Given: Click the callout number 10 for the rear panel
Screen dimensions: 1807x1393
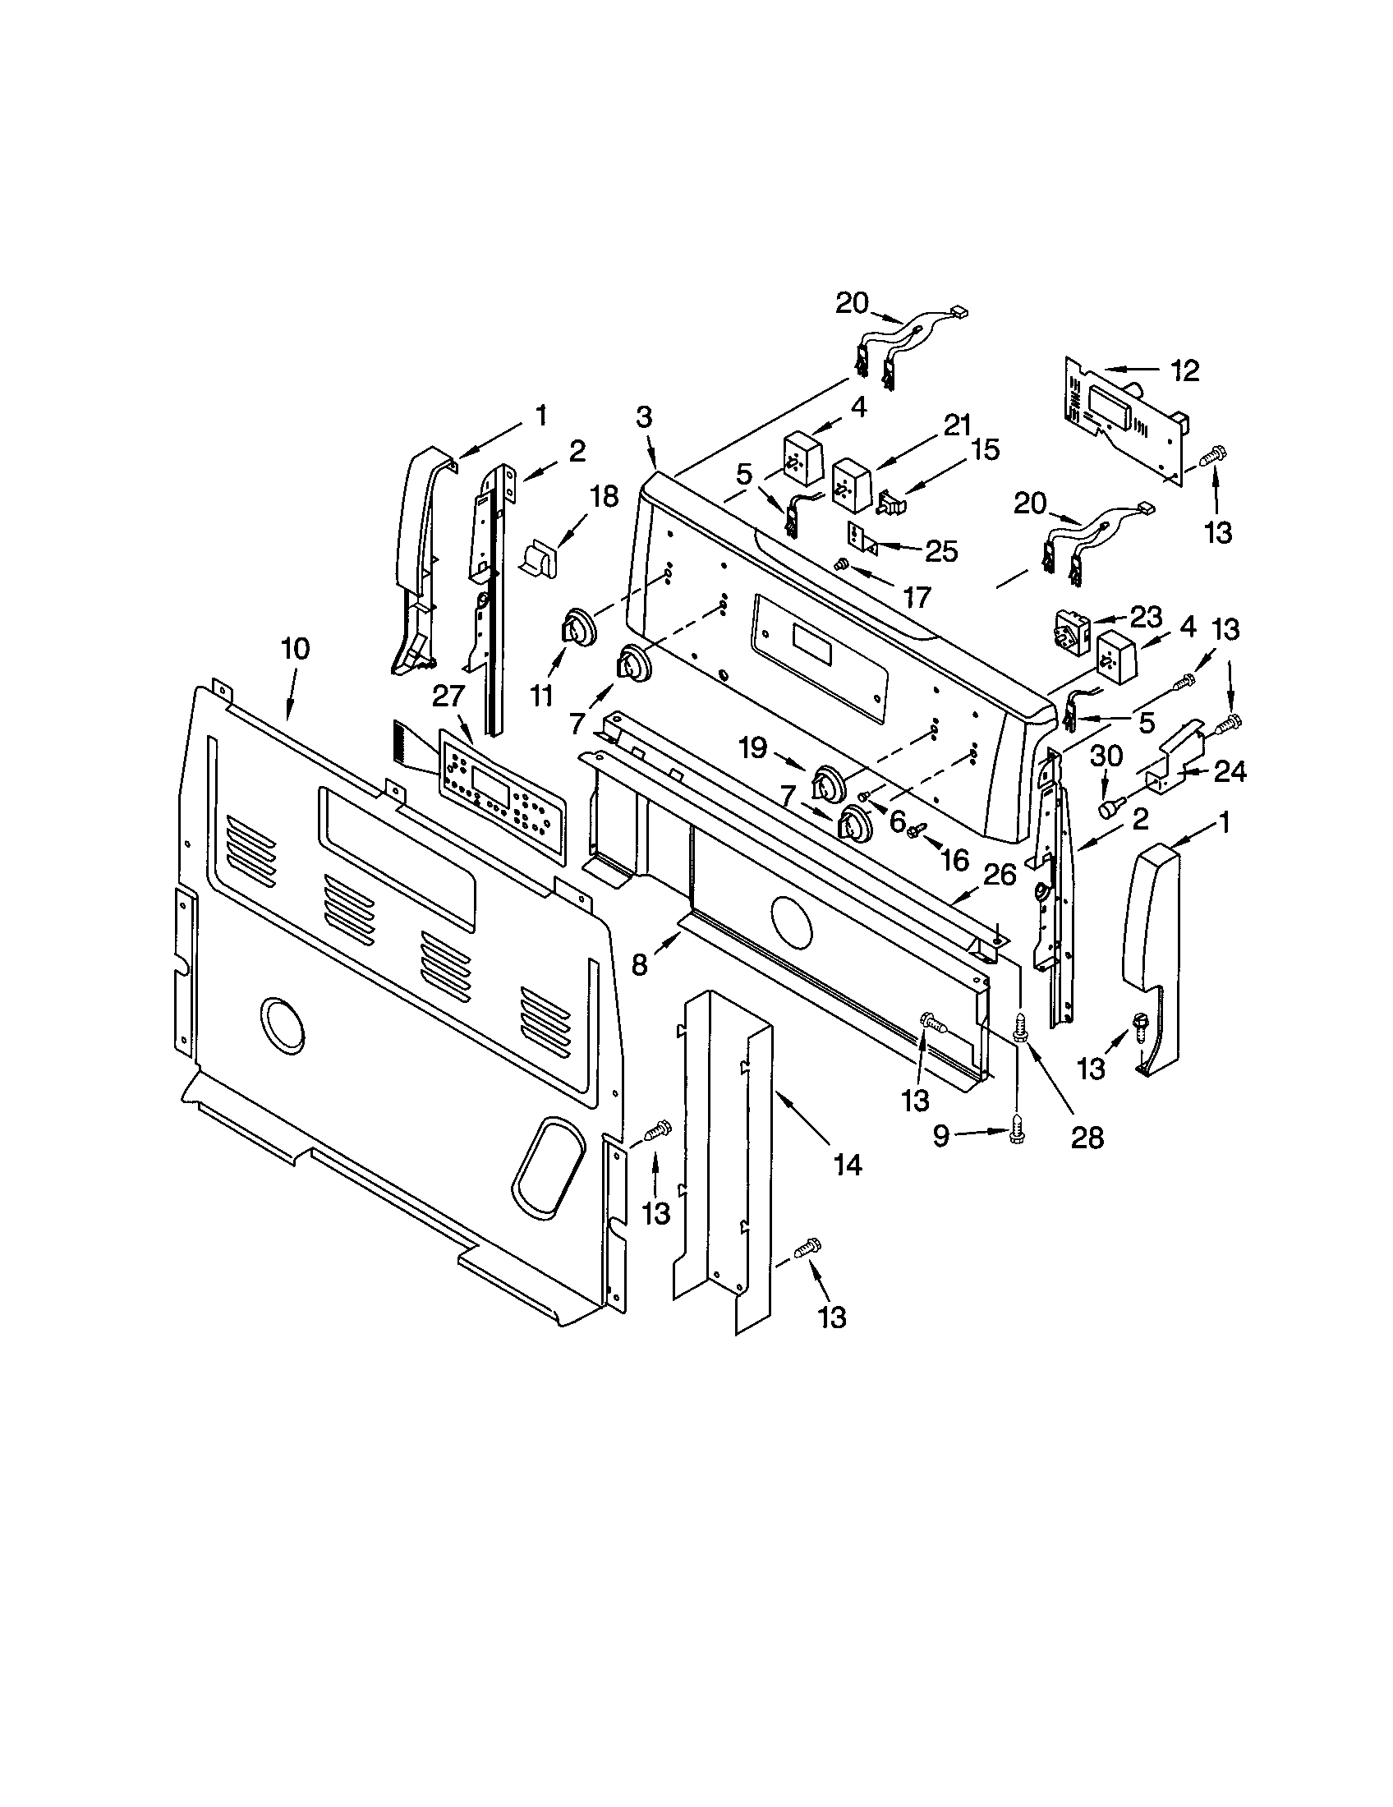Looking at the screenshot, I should (296, 649).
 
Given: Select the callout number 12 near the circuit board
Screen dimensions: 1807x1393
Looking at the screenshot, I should (1184, 371).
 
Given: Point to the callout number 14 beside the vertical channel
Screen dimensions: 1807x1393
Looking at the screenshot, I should (848, 1165).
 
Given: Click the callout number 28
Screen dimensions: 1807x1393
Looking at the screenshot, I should (1087, 1138).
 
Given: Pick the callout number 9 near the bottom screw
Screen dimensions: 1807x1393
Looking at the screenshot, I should (940, 1136).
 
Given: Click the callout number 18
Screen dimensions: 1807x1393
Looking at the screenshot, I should (605, 497).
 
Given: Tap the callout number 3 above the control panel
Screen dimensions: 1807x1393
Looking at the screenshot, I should (645, 418).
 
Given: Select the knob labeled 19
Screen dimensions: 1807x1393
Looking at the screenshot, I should (826, 781).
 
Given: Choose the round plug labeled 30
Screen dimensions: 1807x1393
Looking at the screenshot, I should (1107, 807).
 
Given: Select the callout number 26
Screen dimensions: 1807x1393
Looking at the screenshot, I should (1000, 876).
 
